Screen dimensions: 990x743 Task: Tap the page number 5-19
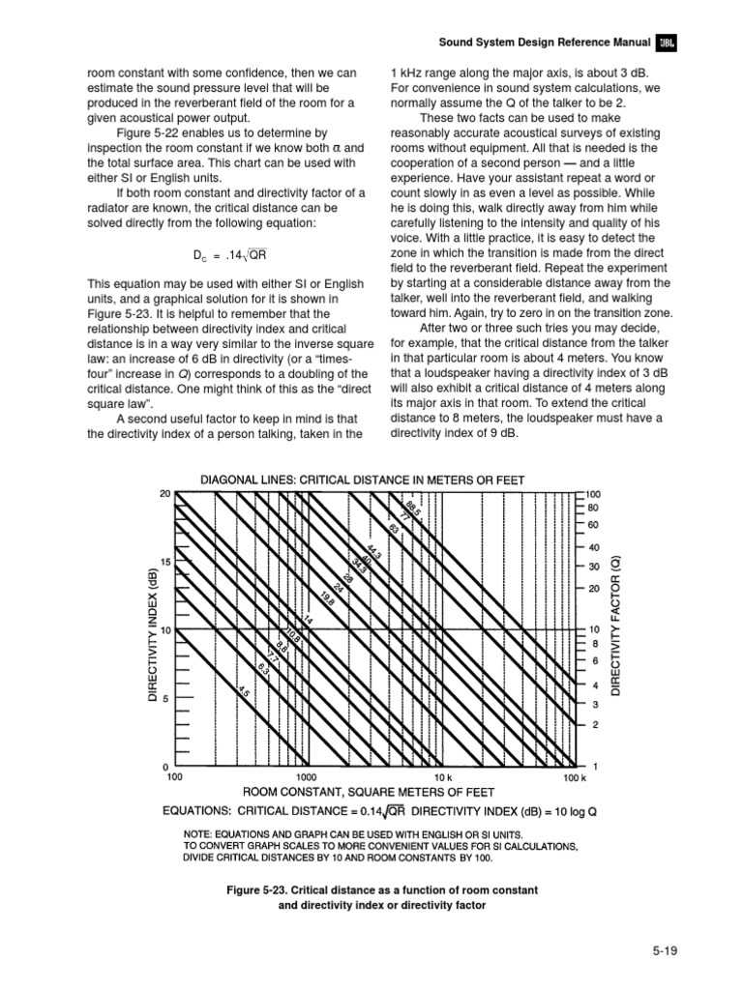coord(664,951)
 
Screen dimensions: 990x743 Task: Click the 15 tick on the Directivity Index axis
coord(166,562)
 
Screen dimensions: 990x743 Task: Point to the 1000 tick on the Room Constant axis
coord(307,776)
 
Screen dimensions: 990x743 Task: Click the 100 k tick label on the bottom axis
coord(575,776)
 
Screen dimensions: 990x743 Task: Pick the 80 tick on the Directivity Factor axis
coord(595,507)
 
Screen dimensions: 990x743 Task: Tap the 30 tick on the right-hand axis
coord(595,567)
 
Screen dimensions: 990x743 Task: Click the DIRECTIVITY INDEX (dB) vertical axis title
coord(153,635)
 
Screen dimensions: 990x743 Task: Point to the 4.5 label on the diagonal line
coord(245,693)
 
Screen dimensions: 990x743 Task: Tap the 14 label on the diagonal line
coord(309,621)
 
